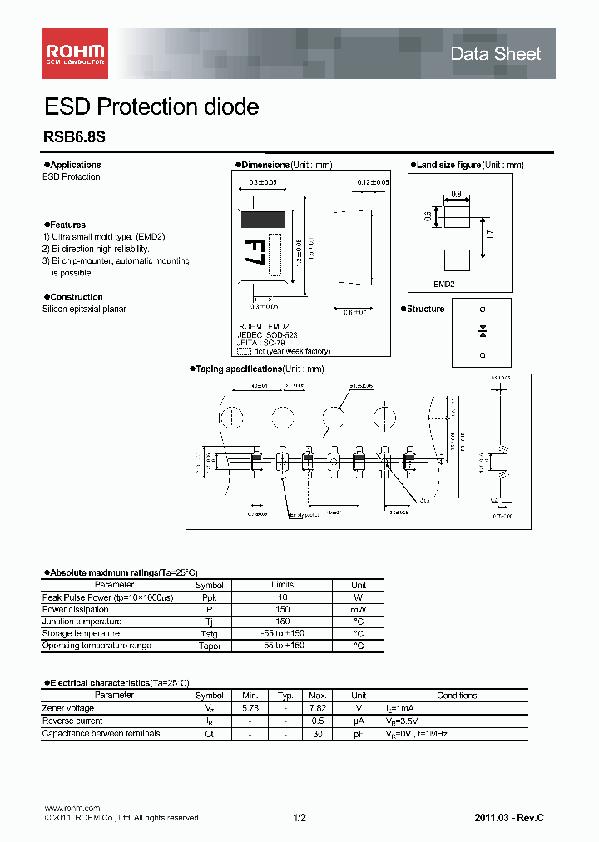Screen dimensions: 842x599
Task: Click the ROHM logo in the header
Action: tap(75, 53)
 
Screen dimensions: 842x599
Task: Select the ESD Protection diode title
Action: tap(151, 107)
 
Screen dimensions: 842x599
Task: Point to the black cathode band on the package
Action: tap(263, 220)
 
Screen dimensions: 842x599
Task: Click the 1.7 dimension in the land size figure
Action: tap(488, 235)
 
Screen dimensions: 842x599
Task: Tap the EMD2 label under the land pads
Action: tap(444, 284)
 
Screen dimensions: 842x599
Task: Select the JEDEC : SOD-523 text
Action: tap(267, 334)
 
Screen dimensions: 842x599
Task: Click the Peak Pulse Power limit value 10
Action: tap(282, 597)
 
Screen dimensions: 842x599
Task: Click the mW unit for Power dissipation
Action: tap(359, 609)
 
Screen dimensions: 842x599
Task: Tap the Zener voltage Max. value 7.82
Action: tap(317, 708)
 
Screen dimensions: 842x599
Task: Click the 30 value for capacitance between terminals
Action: tap(317, 733)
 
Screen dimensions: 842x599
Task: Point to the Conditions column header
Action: tap(456, 695)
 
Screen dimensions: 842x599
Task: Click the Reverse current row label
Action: tap(72, 721)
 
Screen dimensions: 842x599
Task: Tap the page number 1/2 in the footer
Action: tap(299, 819)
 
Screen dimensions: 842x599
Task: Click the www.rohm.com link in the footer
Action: tap(72, 808)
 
